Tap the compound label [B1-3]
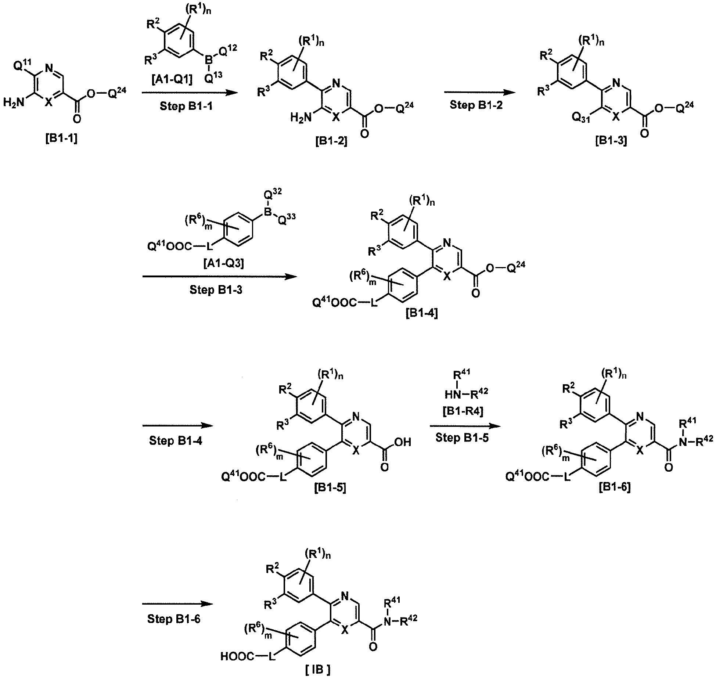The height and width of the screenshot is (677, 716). [x=611, y=141]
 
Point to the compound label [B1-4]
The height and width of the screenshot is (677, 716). [x=422, y=313]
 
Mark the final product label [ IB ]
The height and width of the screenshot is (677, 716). [x=318, y=670]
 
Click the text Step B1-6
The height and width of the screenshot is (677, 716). [x=174, y=619]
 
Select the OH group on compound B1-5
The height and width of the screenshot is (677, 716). [x=404, y=442]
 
